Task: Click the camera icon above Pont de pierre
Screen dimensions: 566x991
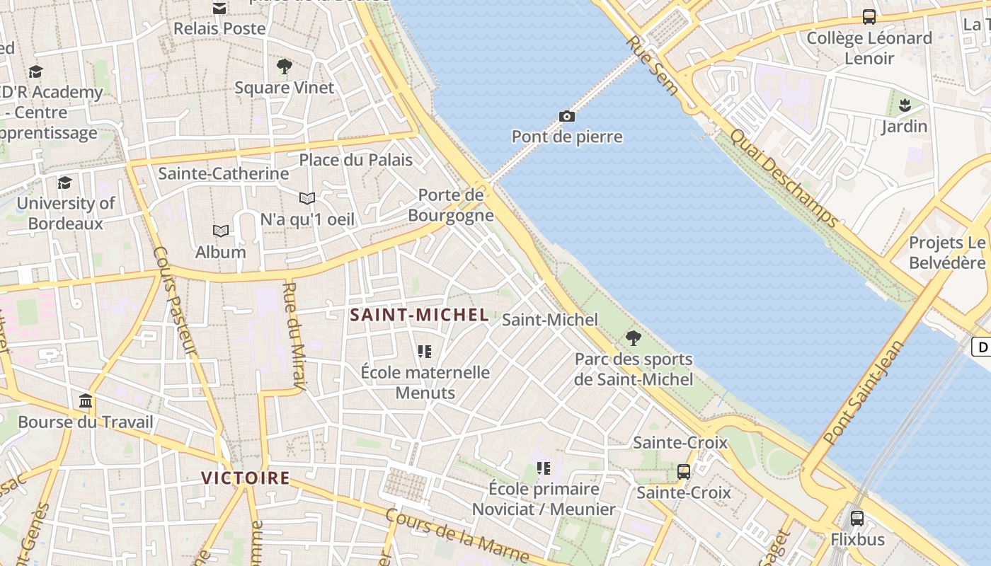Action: pyautogui.click(x=566, y=116)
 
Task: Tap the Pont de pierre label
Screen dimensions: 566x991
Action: pyautogui.click(x=567, y=137)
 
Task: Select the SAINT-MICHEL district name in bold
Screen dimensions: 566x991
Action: pyautogui.click(x=420, y=316)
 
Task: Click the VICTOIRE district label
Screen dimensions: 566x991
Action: pyautogui.click(x=245, y=478)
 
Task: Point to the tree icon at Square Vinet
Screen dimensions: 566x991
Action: pyautogui.click(x=285, y=67)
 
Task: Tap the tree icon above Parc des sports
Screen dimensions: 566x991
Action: pyautogui.click(x=634, y=337)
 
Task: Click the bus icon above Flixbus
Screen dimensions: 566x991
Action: pyautogui.click(x=857, y=518)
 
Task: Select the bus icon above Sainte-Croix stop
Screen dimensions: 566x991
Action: pyautogui.click(x=684, y=471)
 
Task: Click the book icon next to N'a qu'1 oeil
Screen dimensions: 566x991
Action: pyautogui.click(x=307, y=199)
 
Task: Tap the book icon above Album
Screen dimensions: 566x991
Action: pyautogui.click(x=221, y=231)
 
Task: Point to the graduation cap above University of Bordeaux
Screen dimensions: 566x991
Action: pyautogui.click(x=65, y=183)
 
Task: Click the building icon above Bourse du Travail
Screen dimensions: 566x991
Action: pyautogui.click(x=86, y=402)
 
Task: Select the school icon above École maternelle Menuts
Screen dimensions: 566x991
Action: pyautogui.click(x=425, y=351)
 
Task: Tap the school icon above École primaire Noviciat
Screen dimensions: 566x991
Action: pyautogui.click(x=544, y=468)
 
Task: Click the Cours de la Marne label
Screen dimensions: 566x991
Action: pyautogui.click(x=457, y=536)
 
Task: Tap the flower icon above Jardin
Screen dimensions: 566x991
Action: pyautogui.click(x=904, y=106)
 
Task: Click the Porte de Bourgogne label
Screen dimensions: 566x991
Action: pyautogui.click(x=451, y=205)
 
